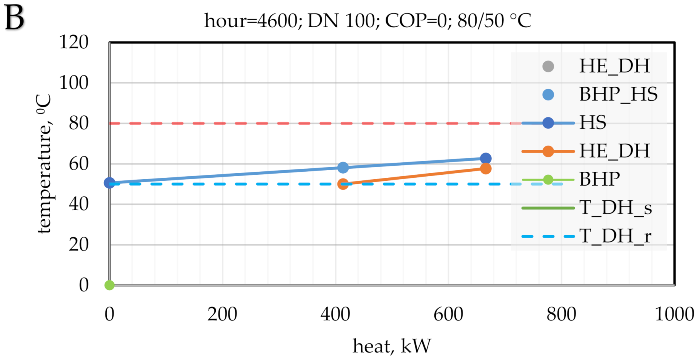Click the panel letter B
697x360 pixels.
(14, 18)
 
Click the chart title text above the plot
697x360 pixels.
(368, 20)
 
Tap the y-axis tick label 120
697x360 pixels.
(74, 42)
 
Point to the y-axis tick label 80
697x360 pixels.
(78, 123)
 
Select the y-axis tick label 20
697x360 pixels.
(78, 245)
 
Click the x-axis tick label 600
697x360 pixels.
(448, 314)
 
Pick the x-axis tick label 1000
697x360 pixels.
(674, 314)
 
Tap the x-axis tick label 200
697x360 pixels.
(222, 314)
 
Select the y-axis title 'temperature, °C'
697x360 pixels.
(44, 164)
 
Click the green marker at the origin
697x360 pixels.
(109, 285)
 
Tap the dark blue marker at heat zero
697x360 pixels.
(109, 183)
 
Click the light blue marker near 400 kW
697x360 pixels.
(343, 168)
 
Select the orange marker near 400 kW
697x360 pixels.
(343, 184)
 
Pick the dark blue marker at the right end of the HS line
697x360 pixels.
(486, 158)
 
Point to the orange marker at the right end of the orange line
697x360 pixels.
(486, 169)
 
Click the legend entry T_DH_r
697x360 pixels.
(615, 237)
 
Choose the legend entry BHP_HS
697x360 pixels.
(618, 95)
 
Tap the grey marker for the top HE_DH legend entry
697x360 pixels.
(548, 66)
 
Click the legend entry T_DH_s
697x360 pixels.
(615, 208)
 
